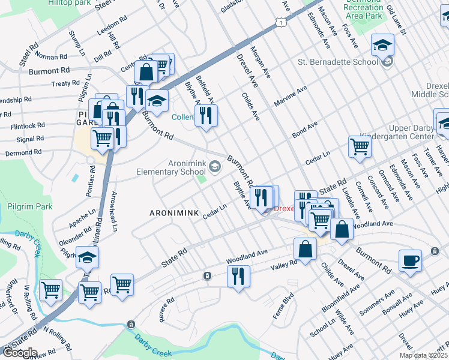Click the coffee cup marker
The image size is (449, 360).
411,261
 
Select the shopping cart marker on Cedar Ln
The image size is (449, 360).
360,145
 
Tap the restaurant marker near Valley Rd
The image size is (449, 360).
238,277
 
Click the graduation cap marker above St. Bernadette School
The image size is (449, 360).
382,44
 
